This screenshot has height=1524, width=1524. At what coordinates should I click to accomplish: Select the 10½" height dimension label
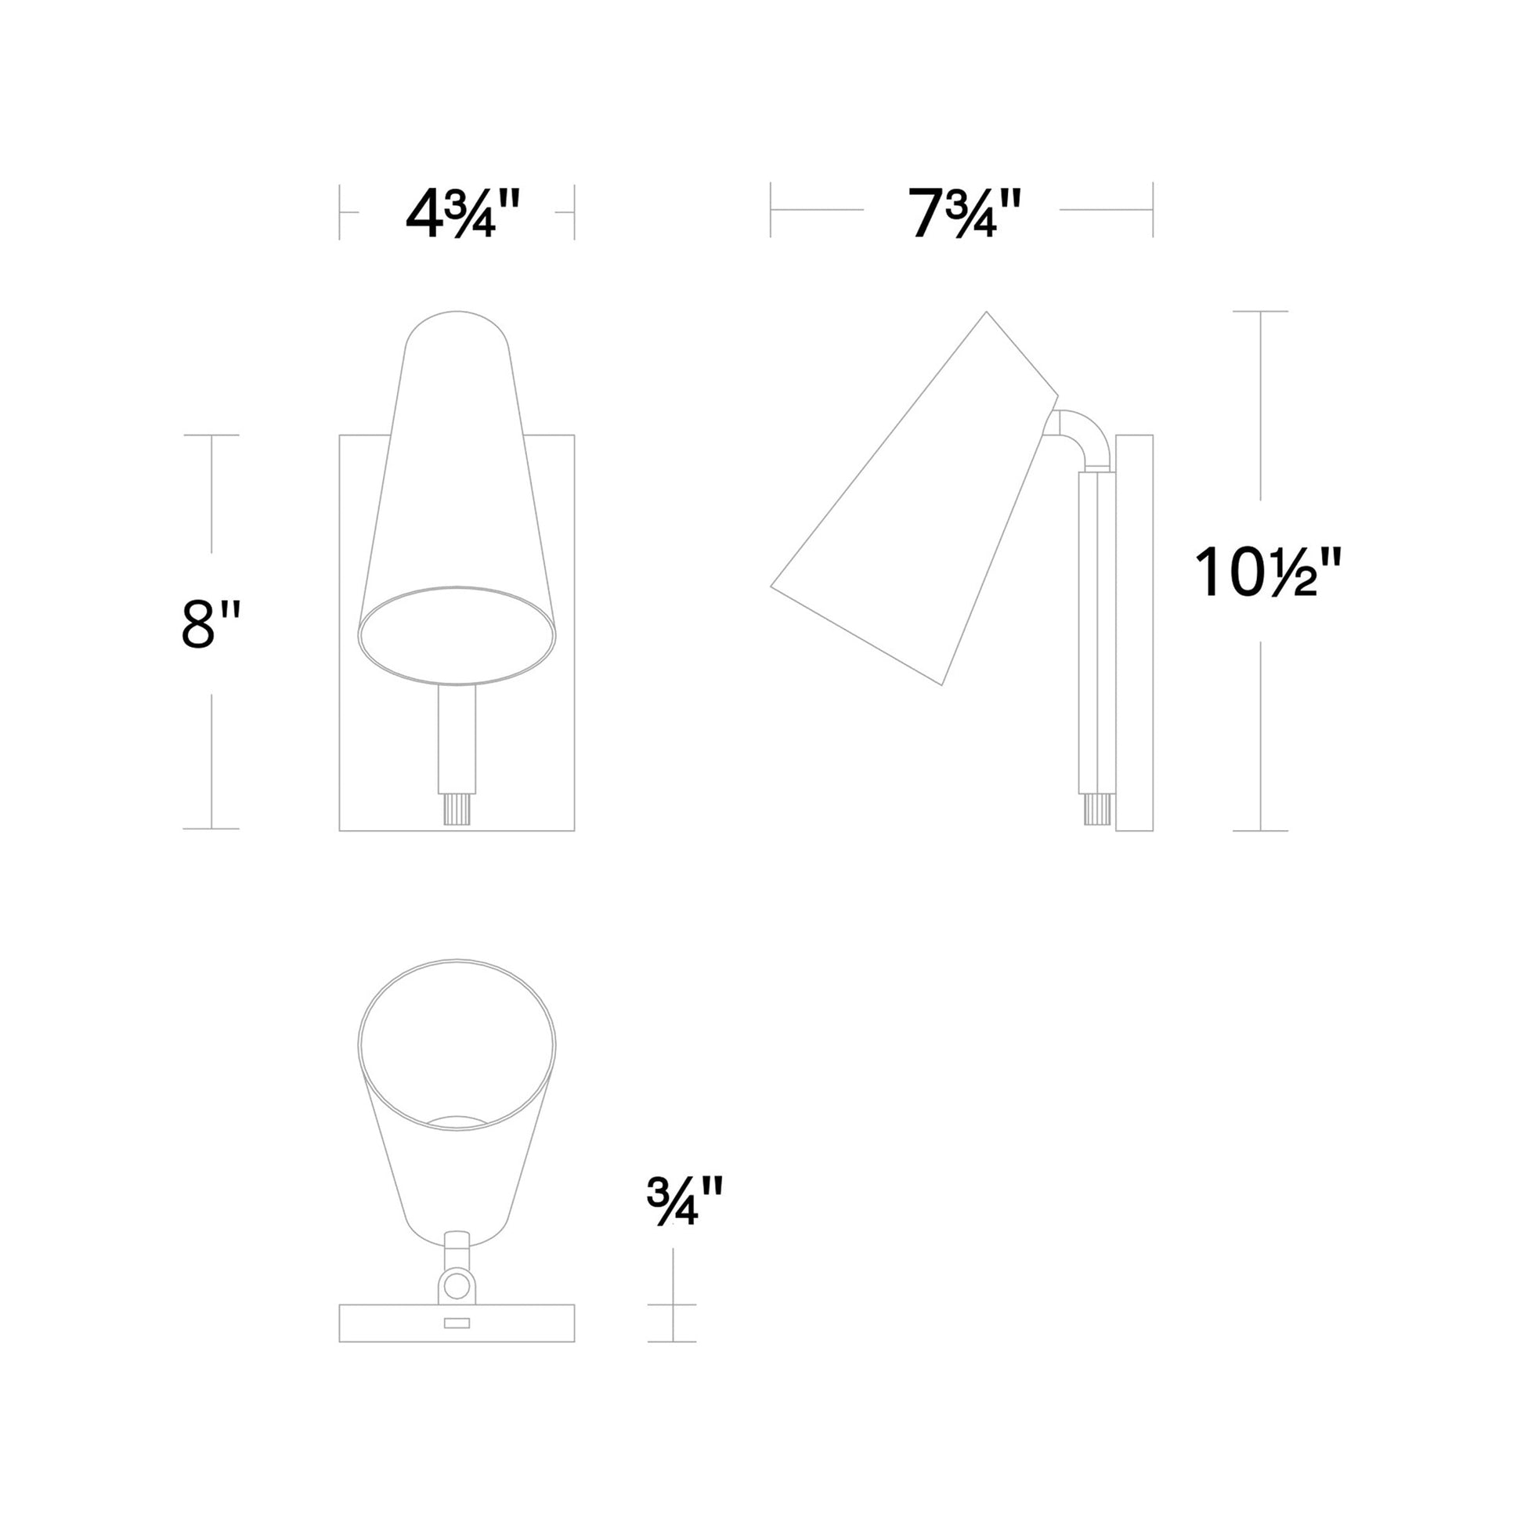[x=1268, y=573]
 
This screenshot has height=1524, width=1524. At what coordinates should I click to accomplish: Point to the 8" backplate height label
[x=209, y=623]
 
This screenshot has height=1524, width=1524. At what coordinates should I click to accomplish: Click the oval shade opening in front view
[x=457, y=635]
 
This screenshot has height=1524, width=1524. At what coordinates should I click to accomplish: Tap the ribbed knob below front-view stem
[x=457, y=808]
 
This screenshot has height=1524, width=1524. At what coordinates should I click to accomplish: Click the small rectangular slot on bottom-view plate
[x=457, y=1323]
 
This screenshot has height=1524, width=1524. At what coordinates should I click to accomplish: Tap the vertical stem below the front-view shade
[x=457, y=738]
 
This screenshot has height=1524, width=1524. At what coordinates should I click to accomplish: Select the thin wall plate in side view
[x=1134, y=631]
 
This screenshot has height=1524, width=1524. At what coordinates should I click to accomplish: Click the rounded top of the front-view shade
[x=457, y=323]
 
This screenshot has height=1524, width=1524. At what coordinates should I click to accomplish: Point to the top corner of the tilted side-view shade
[x=986, y=313]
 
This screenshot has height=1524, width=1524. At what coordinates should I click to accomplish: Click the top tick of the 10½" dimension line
[x=1261, y=312]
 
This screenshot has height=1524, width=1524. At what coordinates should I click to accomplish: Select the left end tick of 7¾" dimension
[x=771, y=210]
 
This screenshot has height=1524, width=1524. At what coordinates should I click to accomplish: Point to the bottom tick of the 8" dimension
[x=211, y=829]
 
